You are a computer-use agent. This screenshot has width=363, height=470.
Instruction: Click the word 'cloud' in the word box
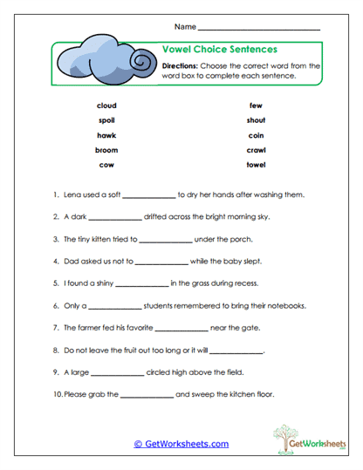(106, 106)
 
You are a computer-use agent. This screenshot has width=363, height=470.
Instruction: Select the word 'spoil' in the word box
(106, 120)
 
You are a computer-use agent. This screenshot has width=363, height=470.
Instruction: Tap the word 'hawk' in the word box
(106, 135)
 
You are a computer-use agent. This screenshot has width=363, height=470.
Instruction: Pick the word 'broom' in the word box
(106, 150)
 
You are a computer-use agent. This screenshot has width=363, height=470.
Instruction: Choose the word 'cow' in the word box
(106, 165)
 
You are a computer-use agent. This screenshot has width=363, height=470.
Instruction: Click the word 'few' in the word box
(256, 106)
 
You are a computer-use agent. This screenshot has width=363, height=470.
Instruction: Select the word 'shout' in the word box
(256, 120)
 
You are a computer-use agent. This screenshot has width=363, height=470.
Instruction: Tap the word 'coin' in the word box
(256, 135)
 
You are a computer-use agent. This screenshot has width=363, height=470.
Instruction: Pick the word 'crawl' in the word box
(256, 150)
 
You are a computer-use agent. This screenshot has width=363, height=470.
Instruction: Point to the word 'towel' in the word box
(256, 165)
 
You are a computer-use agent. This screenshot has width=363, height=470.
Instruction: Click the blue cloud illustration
(102, 61)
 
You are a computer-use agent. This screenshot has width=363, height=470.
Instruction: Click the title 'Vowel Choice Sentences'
(220, 50)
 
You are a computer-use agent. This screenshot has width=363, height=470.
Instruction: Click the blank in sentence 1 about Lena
(149, 196)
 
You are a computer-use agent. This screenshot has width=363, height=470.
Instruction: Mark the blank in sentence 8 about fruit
(236, 351)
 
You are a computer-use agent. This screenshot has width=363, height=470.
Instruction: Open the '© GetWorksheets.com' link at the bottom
(181, 444)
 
